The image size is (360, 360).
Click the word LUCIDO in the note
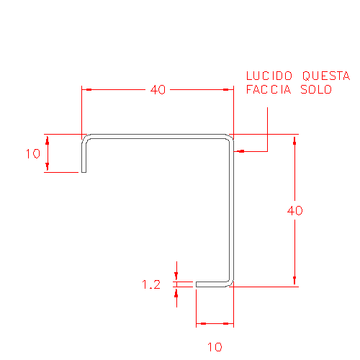click(269, 76)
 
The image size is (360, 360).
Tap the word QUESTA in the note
click(326, 76)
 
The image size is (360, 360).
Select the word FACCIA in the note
click(269, 89)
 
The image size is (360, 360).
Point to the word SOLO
click(316, 89)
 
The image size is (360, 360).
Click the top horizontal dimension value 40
click(158, 90)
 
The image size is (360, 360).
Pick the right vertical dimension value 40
click(295, 210)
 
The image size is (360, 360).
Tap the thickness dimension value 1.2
click(151, 284)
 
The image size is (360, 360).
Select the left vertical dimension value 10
click(33, 153)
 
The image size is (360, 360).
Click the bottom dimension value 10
click(215, 347)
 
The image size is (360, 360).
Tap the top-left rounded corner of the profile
click(86, 139)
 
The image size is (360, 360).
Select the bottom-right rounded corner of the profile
click(229, 282)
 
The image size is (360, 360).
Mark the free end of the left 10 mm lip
click(84, 172)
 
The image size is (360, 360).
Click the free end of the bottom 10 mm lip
click(197, 284)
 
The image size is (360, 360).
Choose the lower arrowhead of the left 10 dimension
click(48, 167)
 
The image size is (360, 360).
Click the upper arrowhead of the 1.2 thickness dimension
click(176, 276)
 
